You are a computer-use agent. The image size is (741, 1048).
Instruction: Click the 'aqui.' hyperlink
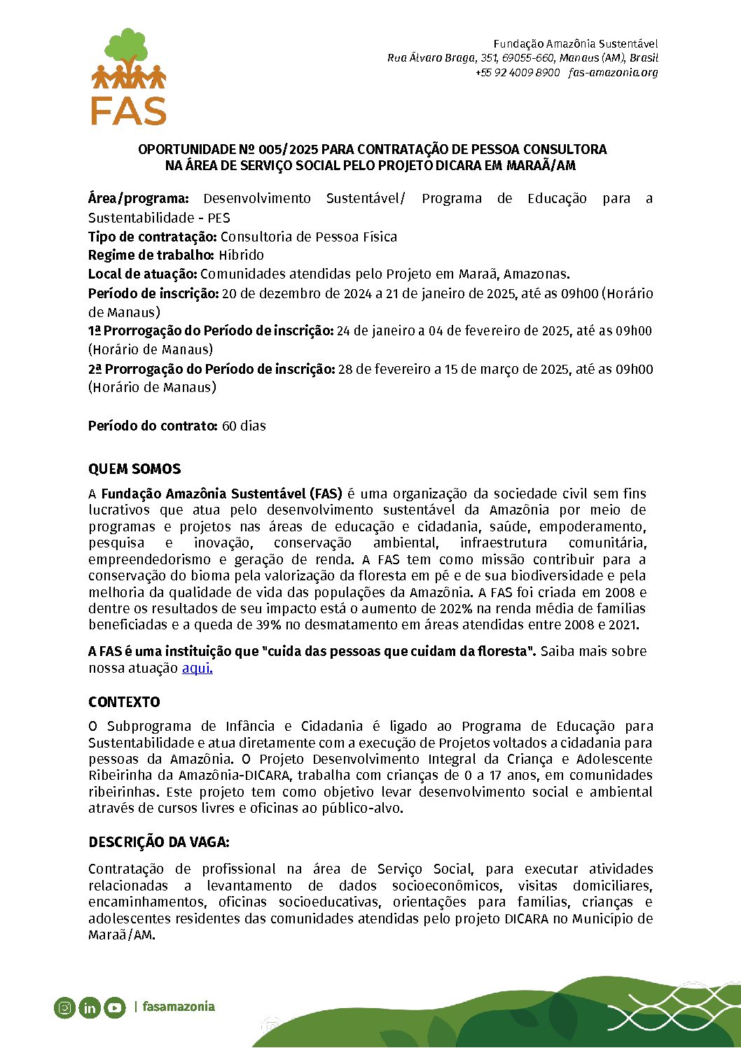[x=197, y=668]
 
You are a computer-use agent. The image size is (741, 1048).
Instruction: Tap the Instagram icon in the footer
[x=64, y=1007]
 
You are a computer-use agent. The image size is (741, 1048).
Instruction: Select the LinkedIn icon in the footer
[x=90, y=1007]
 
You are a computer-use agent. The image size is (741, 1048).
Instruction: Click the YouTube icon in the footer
[x=115, y=1007]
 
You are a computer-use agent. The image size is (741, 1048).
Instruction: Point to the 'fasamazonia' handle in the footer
[x=179, y=1007]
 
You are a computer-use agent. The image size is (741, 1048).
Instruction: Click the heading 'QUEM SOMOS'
[x=134, y=469]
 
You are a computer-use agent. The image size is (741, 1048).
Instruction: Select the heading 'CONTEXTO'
[x=124, y=702]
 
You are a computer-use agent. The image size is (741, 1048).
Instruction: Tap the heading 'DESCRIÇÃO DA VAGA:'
[x=159, y=842]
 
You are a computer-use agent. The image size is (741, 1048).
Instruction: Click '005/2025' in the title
[x=288, y=149]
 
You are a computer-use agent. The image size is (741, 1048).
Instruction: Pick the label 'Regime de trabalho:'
[x=151, y=255]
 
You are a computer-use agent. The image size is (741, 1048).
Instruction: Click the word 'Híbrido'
[x=241, y=255]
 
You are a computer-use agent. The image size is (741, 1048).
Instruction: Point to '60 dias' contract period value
[x=244, y=426]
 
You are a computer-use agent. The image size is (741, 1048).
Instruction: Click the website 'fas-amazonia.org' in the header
[x=613, y=72]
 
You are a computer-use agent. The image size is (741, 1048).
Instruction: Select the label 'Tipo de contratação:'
[x=153, y=237]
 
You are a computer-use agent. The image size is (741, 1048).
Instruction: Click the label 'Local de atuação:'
[x=143, y=274]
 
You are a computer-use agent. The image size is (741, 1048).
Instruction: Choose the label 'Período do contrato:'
[x=153, y=426]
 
